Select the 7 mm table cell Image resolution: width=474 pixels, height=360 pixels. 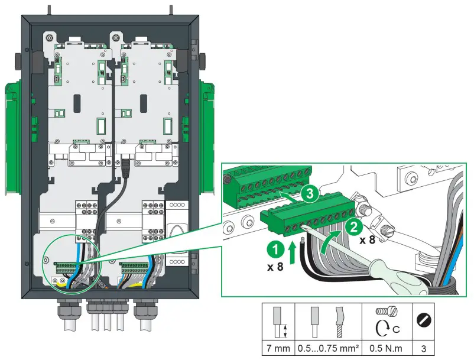[x=278, y=349]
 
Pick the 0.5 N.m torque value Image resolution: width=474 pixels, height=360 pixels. [x=383, y=349]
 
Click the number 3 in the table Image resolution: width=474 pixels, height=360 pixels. [x=424, y=349]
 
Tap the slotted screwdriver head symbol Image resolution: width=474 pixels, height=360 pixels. [x=424, y=321]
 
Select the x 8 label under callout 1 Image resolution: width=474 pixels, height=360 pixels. [x=275, y=267]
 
